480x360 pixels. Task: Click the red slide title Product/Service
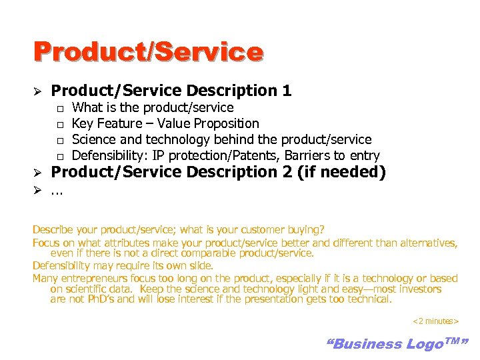[x=148, y=52]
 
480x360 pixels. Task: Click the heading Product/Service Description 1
[x=171, y=91]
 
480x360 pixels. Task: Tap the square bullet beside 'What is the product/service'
[x=59, y=108]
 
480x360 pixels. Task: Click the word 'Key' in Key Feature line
[x=82, y=123]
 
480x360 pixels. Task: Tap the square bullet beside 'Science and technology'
[x=59, y=140]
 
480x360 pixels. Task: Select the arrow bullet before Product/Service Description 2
[x=38, y=173]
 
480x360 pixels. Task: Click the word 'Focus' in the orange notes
[x=45, y=243]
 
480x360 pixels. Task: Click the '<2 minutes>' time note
[x=435, y=321]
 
